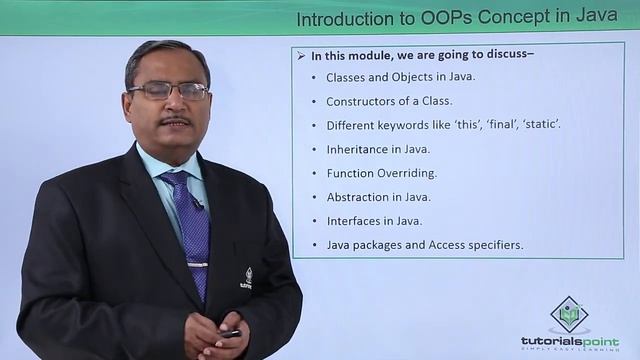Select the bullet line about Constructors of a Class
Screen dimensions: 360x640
[x=389, y=101]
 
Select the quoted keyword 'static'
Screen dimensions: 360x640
[x=539, y=125]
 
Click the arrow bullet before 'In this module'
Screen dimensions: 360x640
[x=300, y=56]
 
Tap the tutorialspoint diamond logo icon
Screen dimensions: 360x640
[x=569, y=313]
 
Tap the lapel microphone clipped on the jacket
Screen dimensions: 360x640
[x=198, y=204]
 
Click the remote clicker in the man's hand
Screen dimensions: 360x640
[x=230, y=333]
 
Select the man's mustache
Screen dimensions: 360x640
[x=174, y=122]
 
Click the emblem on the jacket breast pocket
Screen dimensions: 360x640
[x=248, y=277]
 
